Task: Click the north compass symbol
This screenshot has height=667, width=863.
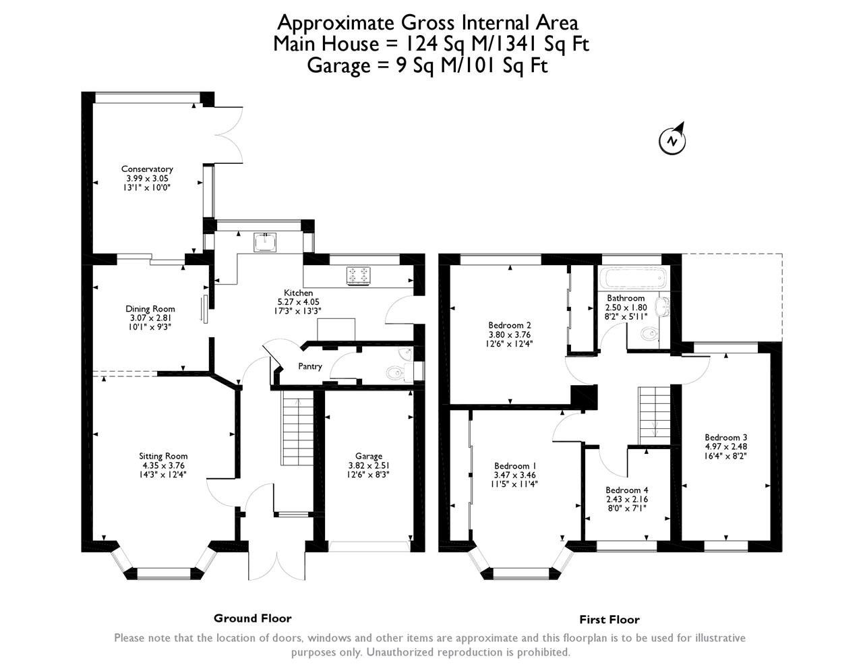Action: (672, 139)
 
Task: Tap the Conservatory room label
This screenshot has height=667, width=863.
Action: (147, 169)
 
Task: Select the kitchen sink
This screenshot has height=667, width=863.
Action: (265, 242)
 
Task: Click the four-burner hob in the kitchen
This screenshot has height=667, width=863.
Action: (359, 276)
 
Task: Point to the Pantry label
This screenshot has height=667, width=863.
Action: (309, 366)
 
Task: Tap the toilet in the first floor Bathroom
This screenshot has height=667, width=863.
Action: (650, 334)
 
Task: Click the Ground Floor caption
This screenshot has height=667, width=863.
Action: (253, 618)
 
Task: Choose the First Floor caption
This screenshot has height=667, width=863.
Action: (609, 619)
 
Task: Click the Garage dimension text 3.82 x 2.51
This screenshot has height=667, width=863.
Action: (369, 465)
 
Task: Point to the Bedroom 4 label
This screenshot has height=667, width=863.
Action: (627, 490)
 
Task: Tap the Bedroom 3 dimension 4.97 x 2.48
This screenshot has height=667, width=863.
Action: (726, 446)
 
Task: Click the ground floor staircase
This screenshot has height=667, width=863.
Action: (297, 428)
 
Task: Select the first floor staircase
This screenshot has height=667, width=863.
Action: (654, 416)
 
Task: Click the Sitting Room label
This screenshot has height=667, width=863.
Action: (163, 456)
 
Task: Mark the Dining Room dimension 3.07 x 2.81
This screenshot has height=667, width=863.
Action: (150, 318)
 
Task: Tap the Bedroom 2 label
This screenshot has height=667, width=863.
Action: (510, 325)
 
